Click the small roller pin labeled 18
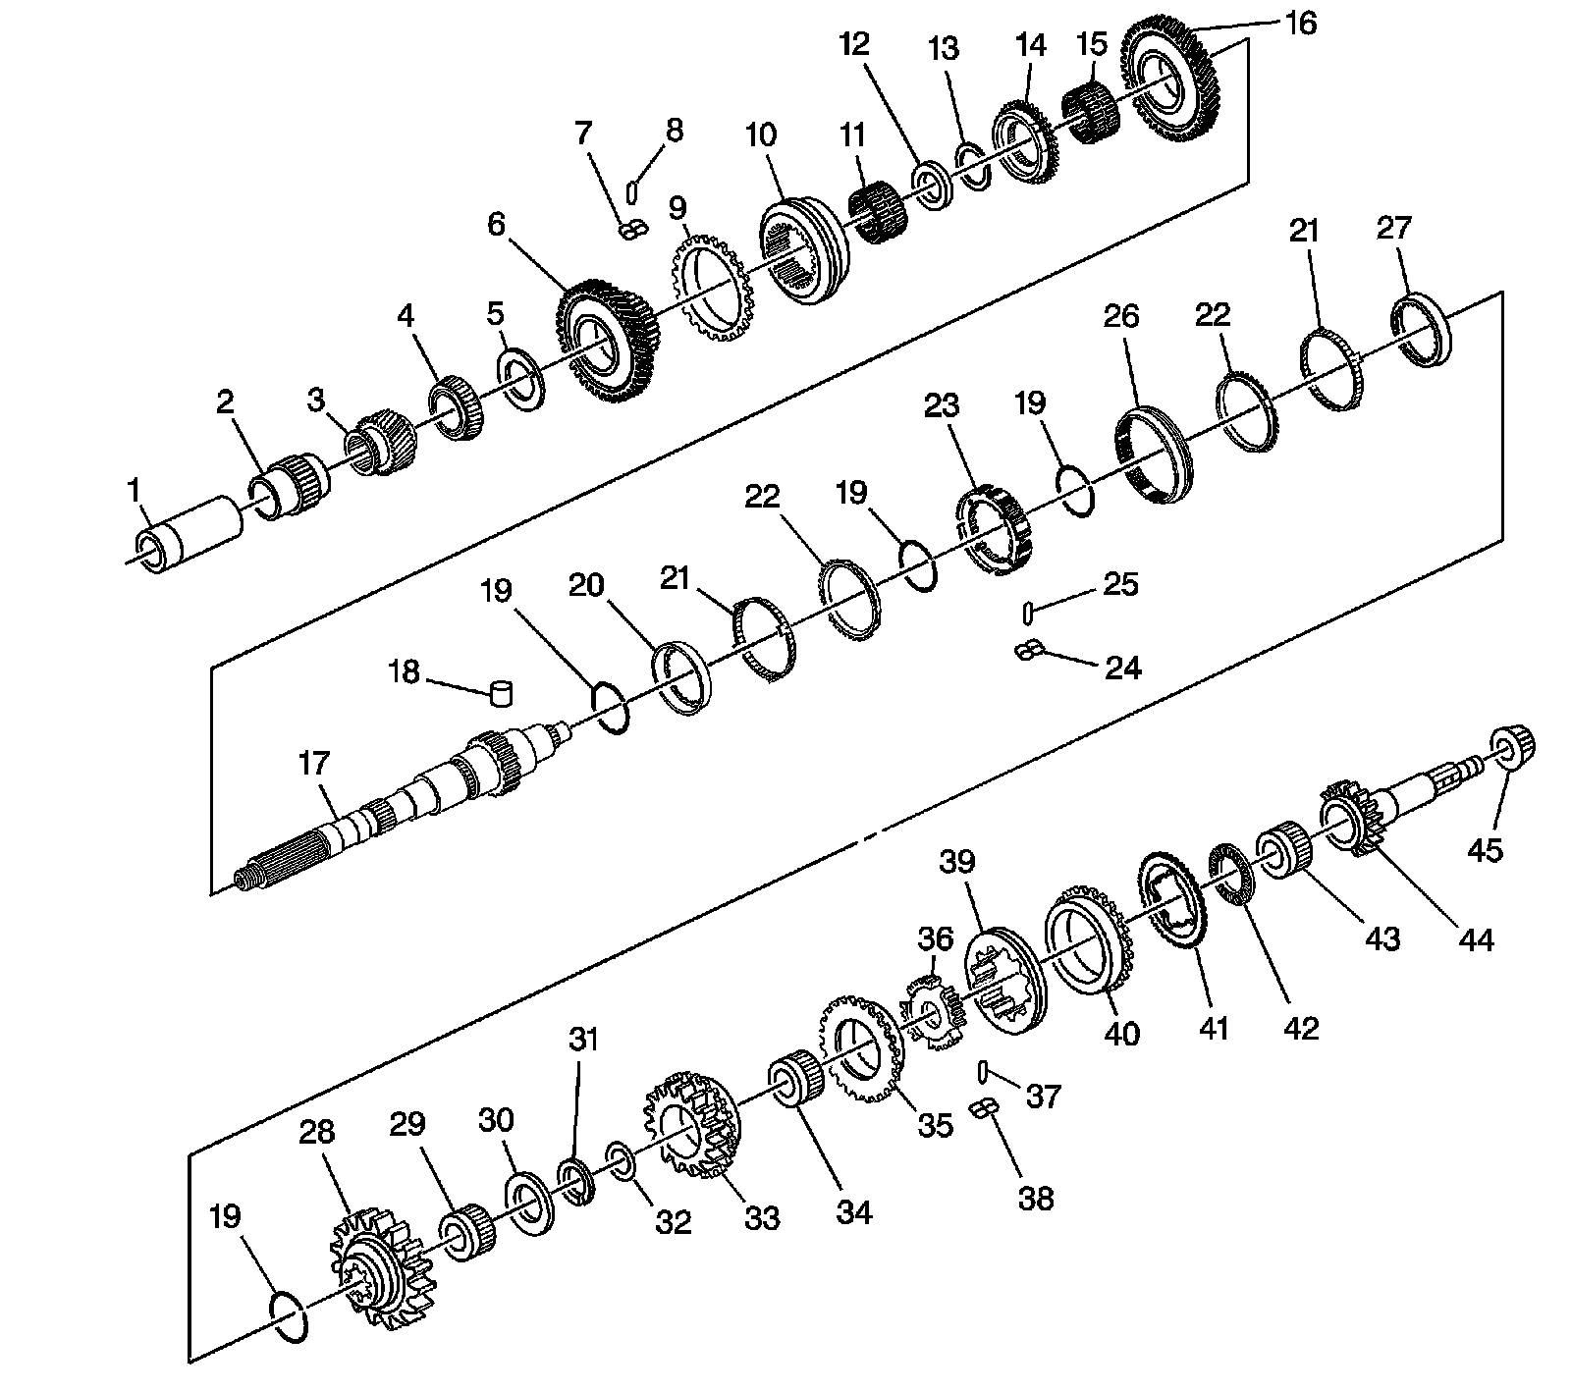(502, 693)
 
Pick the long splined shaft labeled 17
(393, 806)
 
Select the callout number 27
(1393, 228)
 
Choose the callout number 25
(1121, 584)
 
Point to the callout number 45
(1484, 848)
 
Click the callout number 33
(761, 1218)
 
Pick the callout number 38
(1036, 1198)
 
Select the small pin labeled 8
(633, 187)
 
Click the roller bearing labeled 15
(1087, 113)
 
